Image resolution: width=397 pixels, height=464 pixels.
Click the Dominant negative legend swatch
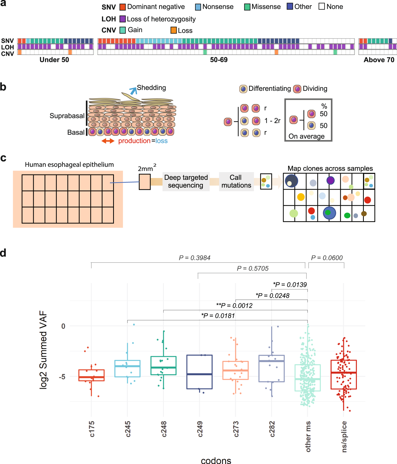(x=122, y=7)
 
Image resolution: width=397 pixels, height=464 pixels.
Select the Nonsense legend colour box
(x=198, y=7)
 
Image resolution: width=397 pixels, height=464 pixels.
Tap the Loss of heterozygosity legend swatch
(x=122, y=19)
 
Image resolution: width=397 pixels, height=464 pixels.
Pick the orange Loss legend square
(x=174, y=30)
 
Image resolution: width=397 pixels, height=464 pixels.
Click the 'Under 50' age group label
(x=54, y=60)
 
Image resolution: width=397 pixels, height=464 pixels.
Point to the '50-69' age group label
(x=219, y=60)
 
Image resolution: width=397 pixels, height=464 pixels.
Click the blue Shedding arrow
(x=133, y=90)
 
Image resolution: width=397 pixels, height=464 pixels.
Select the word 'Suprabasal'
(x=67, y=116)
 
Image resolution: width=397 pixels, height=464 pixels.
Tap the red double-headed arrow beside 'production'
(x=108, y=141)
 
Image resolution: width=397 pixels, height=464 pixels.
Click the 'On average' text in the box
(x=306, y=136)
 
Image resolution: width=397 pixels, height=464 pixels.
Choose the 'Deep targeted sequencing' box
(x=186, y=181)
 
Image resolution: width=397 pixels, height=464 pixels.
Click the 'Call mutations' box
(x=236, y=181)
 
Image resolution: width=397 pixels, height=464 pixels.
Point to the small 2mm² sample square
(x=145, y=182)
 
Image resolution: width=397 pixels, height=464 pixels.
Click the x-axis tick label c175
(x=91, y=429)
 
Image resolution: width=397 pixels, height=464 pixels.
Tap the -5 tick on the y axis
(x=62, y=377)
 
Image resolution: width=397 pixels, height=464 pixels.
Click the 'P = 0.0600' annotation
(x=327, y=258)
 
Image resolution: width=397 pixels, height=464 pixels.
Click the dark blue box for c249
(x=199, y=372)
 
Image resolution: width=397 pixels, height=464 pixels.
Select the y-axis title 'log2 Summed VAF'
(x=43, y=350)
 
